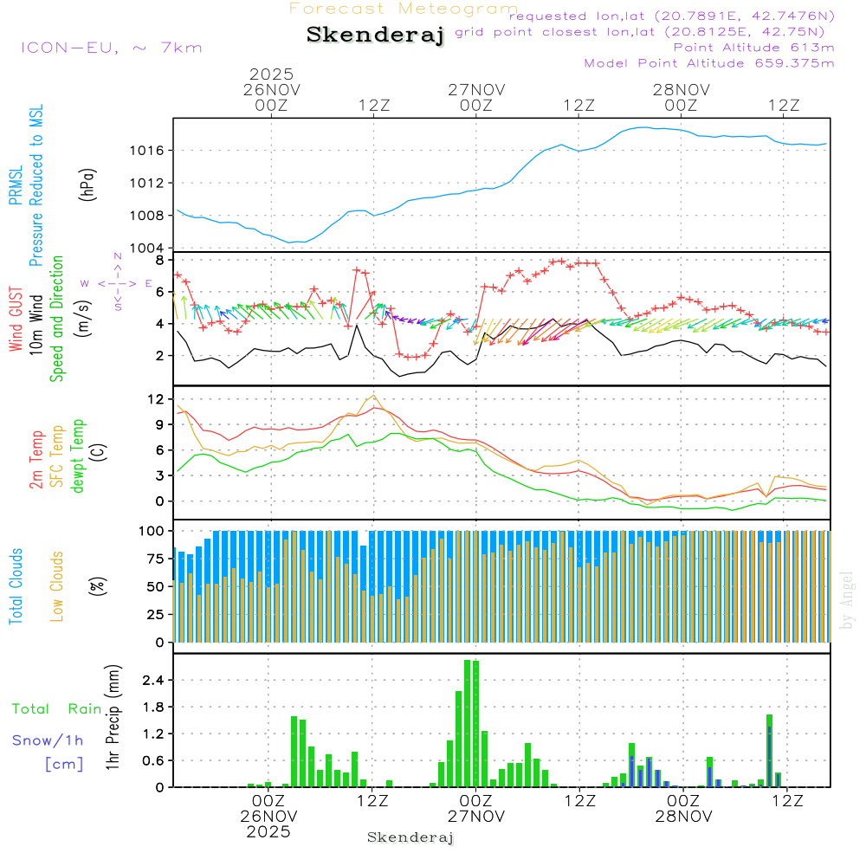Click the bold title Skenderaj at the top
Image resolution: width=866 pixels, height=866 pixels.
375,35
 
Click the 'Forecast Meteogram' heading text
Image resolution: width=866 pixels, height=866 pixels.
404,10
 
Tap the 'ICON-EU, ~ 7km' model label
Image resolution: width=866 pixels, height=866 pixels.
111,48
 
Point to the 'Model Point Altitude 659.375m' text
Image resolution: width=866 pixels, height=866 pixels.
709,63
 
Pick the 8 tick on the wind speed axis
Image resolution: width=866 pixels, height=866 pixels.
159,260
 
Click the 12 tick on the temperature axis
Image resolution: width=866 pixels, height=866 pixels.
156,399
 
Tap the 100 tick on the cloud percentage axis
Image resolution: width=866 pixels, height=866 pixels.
152,530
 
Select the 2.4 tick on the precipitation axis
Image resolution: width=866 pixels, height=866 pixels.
152,681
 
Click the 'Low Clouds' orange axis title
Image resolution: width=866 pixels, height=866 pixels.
57,586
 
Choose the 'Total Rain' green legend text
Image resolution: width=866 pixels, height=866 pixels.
56,709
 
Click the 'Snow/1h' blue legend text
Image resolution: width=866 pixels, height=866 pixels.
48,740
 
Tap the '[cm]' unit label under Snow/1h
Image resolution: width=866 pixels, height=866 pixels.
63,764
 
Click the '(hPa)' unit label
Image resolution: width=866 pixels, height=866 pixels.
87,184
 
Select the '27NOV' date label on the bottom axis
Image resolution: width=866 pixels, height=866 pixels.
476,817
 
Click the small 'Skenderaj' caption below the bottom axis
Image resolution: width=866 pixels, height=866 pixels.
410,837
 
